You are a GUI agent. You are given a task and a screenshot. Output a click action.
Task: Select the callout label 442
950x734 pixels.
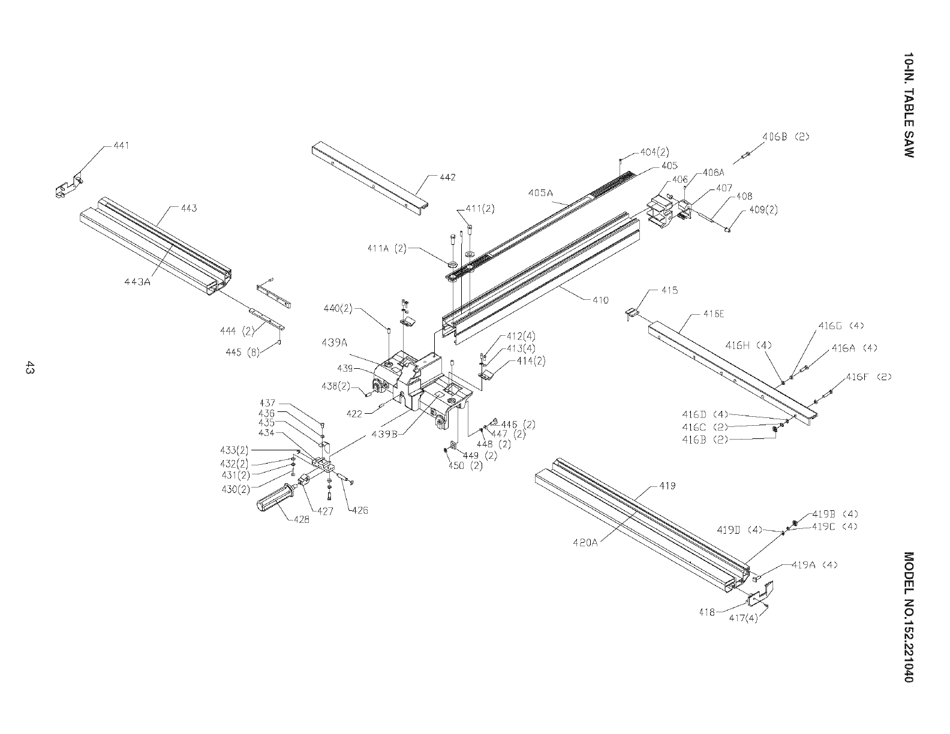tap(447, 178)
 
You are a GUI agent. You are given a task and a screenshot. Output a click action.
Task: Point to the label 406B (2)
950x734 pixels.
tap(786, 136)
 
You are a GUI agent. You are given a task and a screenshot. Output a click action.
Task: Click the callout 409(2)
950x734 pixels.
tap(762, 210)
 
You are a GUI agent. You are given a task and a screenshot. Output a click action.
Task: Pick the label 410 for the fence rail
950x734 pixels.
tap(600, 300)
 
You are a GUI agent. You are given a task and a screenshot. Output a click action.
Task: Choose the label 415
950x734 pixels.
tap(670, 291)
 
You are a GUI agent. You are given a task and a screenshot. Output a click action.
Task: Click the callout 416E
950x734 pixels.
tap(714, 314)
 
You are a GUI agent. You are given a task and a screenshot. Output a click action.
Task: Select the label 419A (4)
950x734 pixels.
tap(814, 565)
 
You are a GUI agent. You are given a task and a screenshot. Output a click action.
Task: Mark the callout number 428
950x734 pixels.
tap(302, 521)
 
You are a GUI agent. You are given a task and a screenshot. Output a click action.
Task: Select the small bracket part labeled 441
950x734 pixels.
tap(67, 187)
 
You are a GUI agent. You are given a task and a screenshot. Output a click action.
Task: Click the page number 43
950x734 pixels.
tap(28, 368)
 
